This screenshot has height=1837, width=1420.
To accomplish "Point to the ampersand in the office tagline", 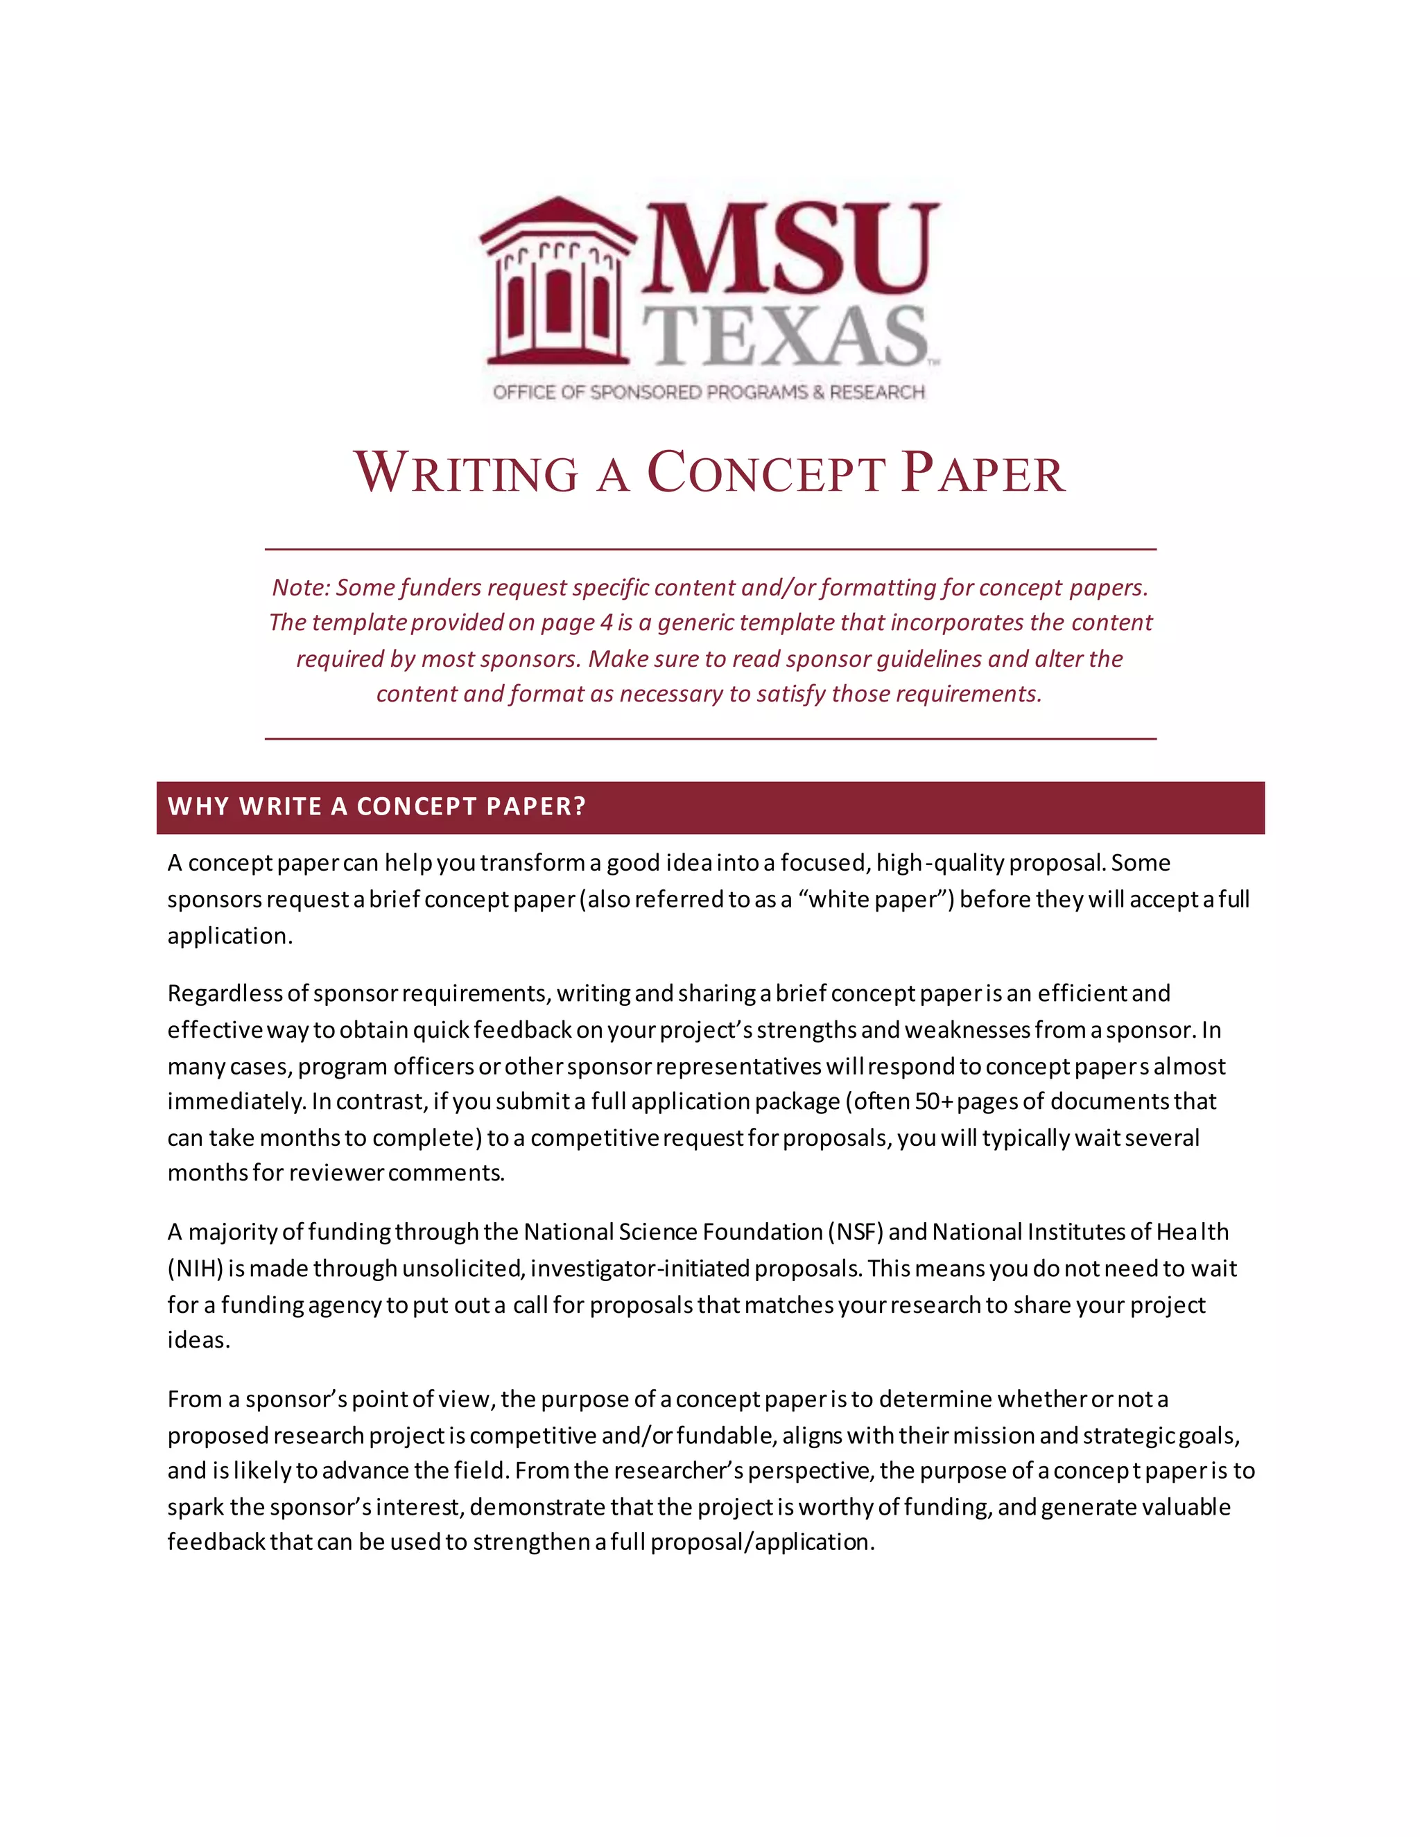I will click(817, 392).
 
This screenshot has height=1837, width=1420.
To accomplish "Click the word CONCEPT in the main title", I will click(765, 473).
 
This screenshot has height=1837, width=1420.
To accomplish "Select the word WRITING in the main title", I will click(466, 473).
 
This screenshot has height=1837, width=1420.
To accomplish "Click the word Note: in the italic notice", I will click(300, 587).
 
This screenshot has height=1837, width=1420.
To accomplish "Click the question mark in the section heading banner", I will click(578, 806).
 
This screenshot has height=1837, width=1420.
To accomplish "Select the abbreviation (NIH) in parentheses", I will click(195, 1268).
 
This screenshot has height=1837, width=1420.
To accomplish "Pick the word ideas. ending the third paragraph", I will click(198, 1340).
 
